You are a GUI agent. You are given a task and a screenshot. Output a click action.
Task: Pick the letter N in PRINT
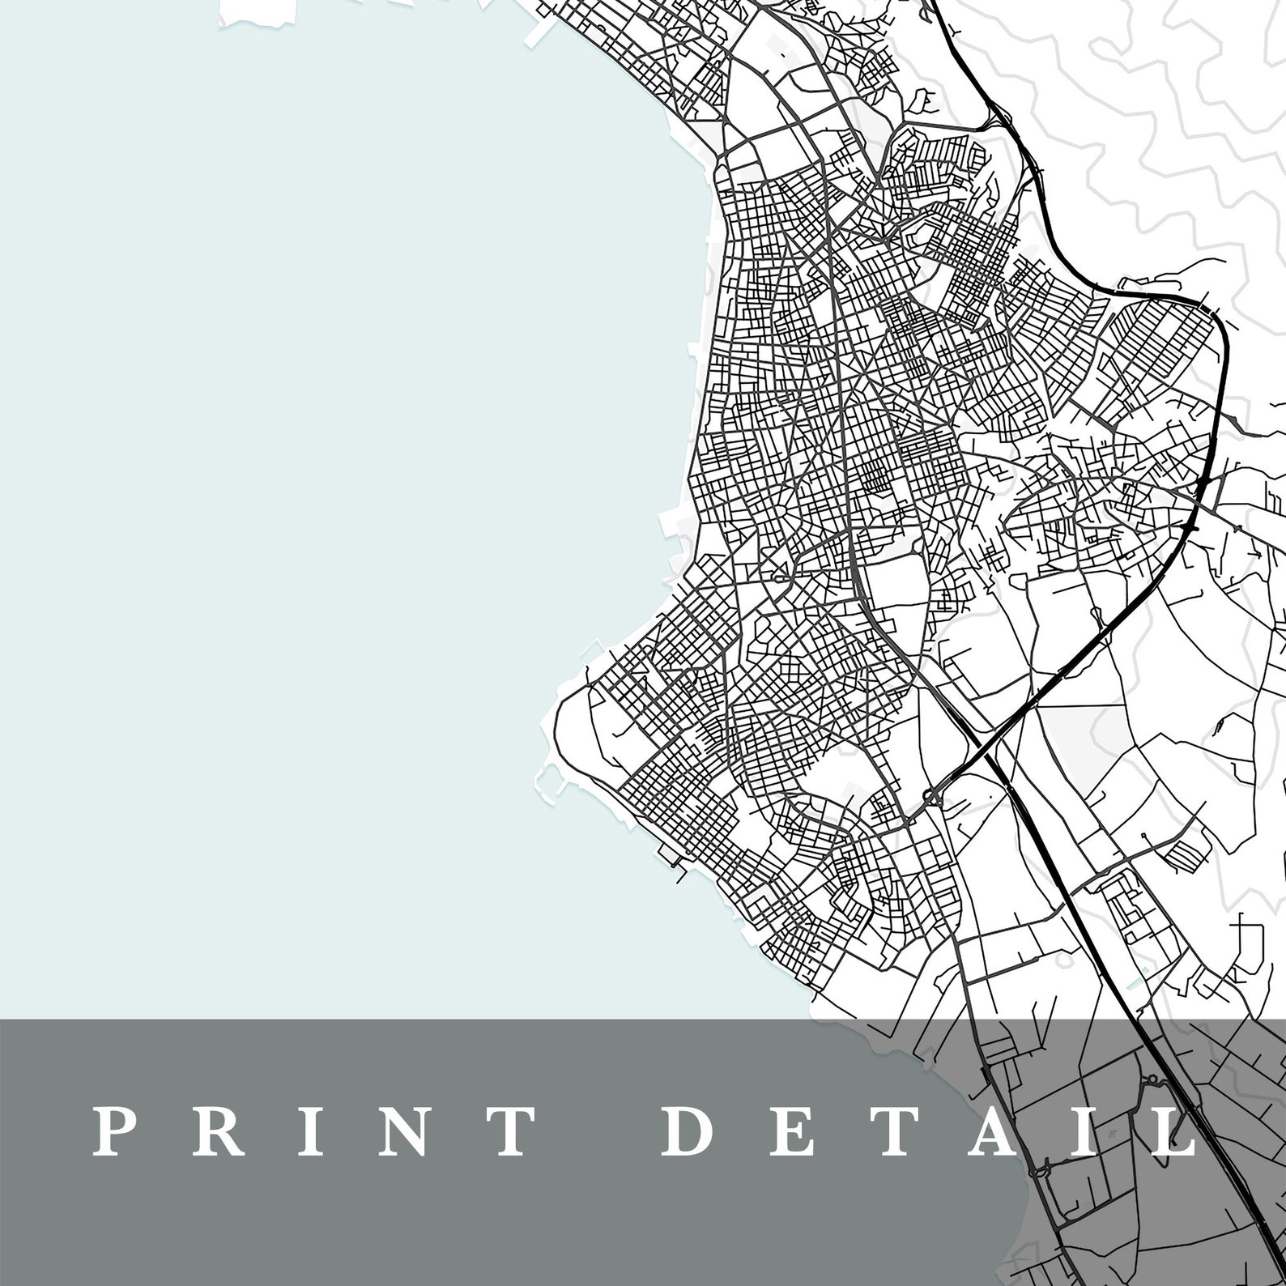(x=394, y=1131)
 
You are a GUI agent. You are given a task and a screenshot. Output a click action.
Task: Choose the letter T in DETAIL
(x=892, y=1131)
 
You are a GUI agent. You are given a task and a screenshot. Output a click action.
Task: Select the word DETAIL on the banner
(x=928, y=1131)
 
